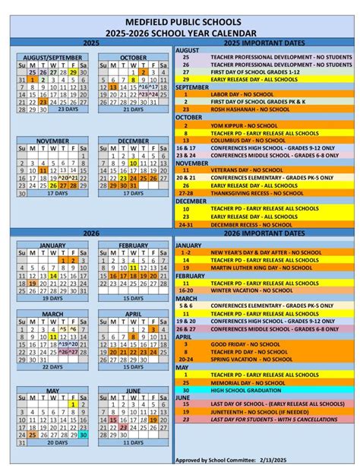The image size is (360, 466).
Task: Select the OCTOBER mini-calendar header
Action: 133,58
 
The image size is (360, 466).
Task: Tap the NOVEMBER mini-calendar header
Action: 52,141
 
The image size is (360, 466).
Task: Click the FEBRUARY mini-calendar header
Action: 133,246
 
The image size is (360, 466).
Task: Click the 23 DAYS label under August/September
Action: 68,109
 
